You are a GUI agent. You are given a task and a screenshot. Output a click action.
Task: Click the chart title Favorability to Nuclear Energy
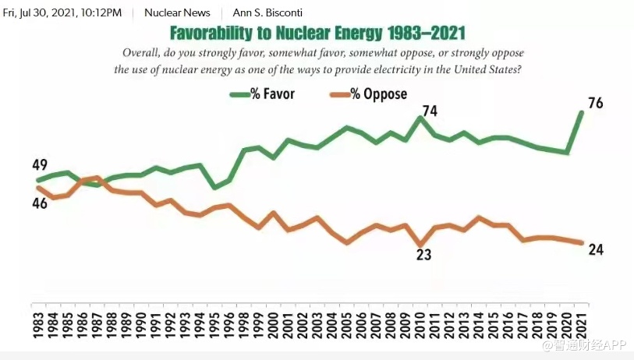tap(318, 34)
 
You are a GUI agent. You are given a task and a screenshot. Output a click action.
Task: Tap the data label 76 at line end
tap(595, 104)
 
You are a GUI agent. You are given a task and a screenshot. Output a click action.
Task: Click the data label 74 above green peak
tap(429, 111)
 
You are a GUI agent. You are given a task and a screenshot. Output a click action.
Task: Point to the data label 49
tap(40, 165)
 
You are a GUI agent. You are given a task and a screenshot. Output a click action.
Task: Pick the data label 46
tap(40, 203)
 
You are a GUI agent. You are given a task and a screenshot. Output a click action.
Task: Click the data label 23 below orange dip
tap(423, 254)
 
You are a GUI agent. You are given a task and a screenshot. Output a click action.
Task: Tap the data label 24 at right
tap(597, 250)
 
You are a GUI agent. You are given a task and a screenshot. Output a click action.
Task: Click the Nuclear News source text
tap(177, 13)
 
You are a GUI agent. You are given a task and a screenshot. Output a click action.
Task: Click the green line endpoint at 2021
tap(581, 112)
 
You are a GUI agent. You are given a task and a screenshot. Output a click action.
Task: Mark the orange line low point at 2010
tap(421, 244)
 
